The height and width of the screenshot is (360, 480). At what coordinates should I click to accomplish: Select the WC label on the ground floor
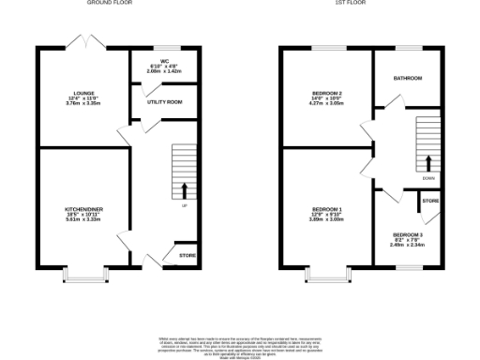(x=164, y=61)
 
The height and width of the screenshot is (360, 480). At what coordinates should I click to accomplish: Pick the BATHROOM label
(x=408, y=78)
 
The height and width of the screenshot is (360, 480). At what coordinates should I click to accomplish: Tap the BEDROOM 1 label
(x=327, y=210)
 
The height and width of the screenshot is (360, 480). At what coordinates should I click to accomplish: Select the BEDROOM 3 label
(x=408, y=234)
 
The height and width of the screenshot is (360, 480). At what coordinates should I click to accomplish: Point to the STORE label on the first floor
(x=429, y=201)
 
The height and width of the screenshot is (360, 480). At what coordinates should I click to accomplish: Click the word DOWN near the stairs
(x=428, y=178)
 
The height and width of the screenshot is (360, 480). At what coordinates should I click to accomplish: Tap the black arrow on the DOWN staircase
(x=428, y=161)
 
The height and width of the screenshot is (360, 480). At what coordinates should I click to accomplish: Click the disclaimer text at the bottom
(x=240, y=346)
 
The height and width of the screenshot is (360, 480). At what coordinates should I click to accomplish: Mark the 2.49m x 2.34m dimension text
(x=408, y=246)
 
